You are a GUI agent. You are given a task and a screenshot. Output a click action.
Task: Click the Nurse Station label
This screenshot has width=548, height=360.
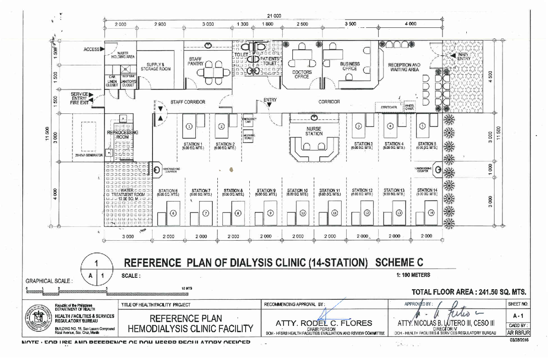314,131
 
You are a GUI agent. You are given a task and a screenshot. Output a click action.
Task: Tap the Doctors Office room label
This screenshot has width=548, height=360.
302,74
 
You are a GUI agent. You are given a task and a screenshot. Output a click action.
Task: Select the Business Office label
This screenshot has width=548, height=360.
350,66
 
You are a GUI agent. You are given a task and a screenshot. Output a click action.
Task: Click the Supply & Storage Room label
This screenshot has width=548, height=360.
156,66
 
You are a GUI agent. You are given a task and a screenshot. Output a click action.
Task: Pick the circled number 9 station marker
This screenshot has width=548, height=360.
270,212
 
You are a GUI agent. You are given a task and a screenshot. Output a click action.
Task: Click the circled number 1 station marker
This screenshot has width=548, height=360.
189,126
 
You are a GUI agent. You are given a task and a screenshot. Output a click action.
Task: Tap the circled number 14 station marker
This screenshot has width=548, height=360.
432,212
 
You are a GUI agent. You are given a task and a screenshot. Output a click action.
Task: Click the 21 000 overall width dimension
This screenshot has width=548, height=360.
274,16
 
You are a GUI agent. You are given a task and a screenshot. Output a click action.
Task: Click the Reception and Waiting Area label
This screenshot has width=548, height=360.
404,67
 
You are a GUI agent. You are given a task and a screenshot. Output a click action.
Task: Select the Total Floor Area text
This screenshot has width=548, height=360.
469,292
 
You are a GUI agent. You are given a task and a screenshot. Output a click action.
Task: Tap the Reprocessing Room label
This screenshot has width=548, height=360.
122,135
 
